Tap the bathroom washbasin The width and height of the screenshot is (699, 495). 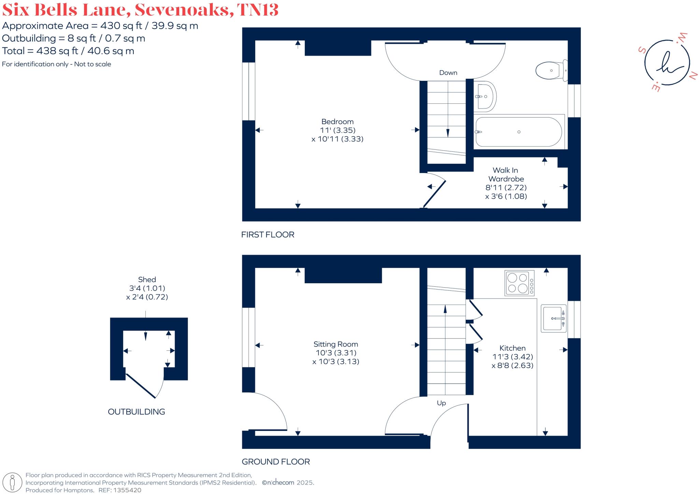(485, 97)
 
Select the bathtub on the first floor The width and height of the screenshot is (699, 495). (518, 132)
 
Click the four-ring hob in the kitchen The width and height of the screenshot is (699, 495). (519, 283)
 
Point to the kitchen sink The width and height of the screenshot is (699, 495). (553, 319)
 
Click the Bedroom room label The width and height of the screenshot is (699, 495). (337, 122)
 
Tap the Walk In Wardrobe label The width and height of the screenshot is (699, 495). (506, 174)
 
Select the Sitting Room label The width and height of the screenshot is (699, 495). (336, 344)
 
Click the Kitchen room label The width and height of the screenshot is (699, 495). (512, 348)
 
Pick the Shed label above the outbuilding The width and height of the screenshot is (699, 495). (147, 280)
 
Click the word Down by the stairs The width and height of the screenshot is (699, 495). (448, 73)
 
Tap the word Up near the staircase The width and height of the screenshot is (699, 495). (441, 403)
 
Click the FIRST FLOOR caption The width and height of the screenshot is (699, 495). (268, 235)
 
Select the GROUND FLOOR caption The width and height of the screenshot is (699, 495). (276, 462)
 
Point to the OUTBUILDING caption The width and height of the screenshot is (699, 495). (136, 412)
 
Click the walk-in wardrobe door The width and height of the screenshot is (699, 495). (435, 194)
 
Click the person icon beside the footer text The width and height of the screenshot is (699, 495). (12, 483)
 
